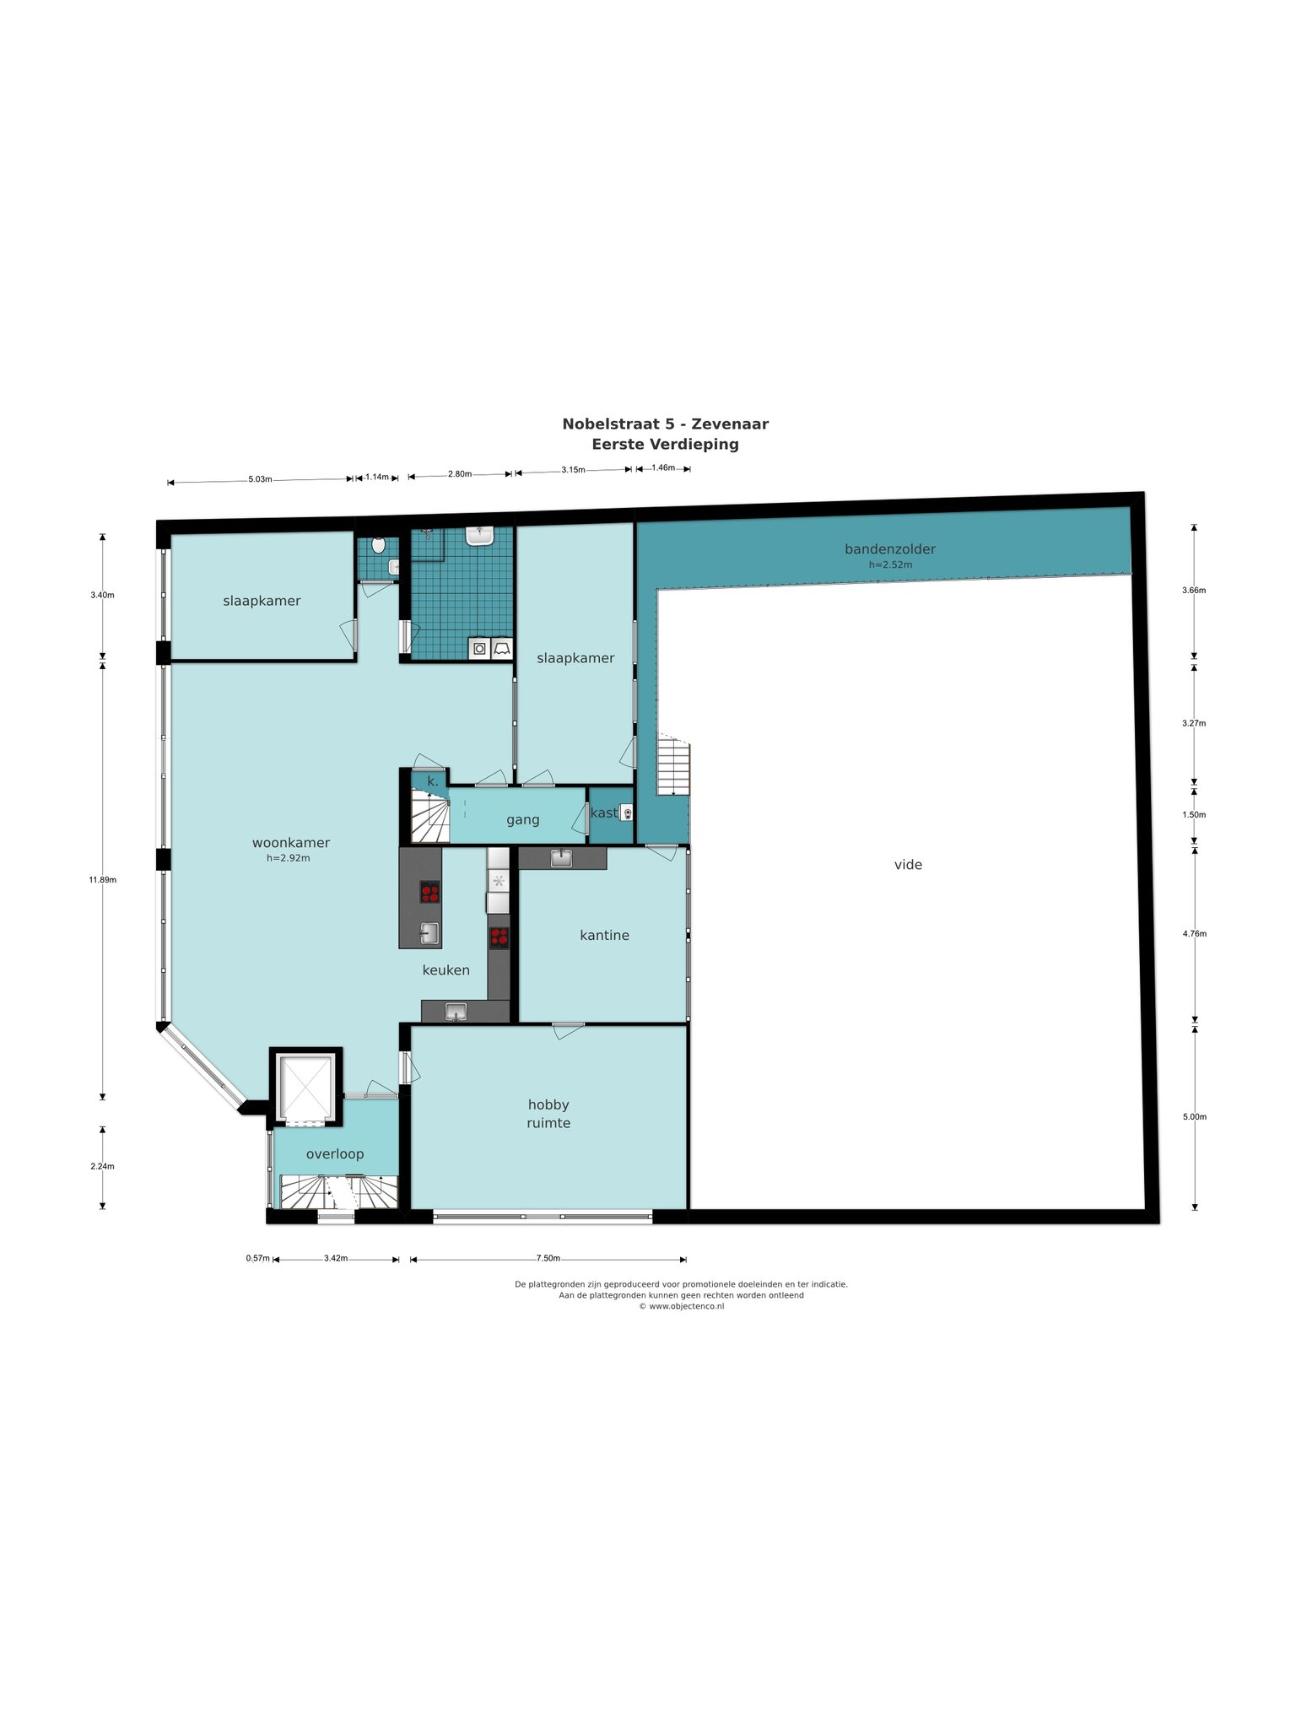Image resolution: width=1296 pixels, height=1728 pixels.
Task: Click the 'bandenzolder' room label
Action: (x=890, y=549)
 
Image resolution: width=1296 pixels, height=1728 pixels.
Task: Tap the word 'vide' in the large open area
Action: (x=908, y=865)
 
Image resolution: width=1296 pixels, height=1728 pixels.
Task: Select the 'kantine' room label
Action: (x=604, y=935)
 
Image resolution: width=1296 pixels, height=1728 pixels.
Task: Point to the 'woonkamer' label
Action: (x=291, y=843)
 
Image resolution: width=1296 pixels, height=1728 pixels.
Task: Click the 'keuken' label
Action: (x=446, y=970)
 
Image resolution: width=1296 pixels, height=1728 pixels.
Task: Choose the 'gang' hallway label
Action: (x=523, y=820)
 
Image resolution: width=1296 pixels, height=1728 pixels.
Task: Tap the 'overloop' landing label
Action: (x=335, y=1154)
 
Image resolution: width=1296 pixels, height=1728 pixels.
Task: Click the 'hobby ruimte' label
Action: (x=549, y=1114)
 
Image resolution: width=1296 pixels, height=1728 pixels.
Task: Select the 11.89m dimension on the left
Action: (x=103, y=879)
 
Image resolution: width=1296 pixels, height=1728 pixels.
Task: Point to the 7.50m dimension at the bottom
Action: (x=548, y=1259)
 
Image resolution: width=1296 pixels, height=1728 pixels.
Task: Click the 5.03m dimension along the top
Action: (x=260, y=479)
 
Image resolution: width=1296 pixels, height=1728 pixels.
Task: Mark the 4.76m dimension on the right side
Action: (x=1194, y=934)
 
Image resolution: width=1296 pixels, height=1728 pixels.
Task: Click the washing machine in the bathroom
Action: (x=479, y=649)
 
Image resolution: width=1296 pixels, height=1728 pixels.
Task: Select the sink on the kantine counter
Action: (x=561, y=858)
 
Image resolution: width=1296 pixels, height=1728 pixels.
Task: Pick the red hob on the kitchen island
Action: (x=430, y=892)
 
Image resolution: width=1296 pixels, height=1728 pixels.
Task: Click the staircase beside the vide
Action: (x=674, y=766)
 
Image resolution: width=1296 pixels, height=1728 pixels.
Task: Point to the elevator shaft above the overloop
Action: (x=306, y=1087)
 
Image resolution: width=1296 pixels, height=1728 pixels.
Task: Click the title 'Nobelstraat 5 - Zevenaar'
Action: (x=666, y=424)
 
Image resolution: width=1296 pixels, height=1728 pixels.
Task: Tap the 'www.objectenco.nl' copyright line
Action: (x=681, y=1306)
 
